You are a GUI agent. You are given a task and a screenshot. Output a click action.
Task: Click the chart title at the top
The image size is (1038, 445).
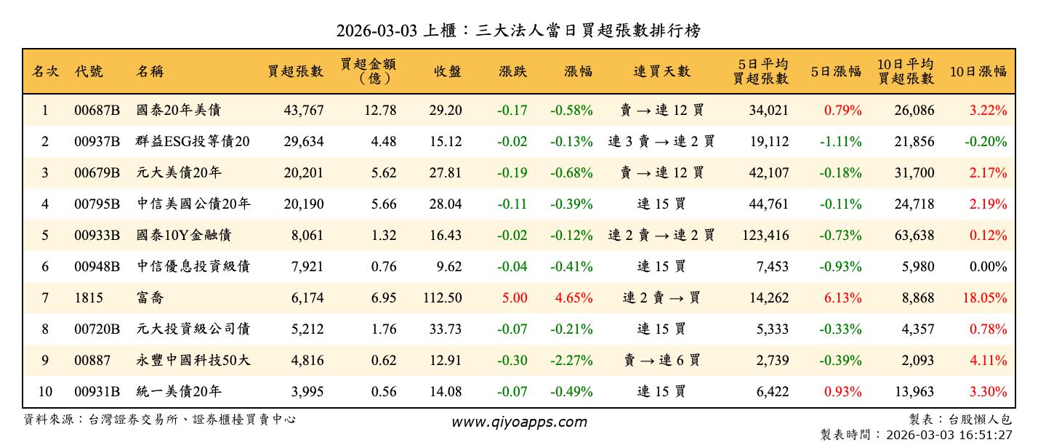518,31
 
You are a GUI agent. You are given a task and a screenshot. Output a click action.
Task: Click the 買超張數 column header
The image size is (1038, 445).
295,71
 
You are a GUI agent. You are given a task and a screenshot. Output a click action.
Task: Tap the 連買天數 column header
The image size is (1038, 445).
661,71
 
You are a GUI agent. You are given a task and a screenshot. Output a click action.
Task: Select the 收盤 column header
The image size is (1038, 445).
448,71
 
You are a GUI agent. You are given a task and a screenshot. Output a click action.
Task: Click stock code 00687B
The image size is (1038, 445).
97,111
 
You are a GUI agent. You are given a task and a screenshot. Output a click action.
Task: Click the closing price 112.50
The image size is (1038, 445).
442,298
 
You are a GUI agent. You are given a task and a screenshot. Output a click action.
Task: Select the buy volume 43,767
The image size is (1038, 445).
304,111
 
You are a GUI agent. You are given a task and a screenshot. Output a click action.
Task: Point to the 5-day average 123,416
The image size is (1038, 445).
764,236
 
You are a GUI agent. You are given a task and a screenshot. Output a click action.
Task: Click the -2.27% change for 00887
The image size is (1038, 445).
571,361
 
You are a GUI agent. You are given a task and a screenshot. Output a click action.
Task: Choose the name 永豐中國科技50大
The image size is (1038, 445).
193,361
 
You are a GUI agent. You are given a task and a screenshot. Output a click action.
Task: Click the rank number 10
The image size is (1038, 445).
45,392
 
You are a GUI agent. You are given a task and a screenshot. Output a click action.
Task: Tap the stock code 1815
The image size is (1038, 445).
89,298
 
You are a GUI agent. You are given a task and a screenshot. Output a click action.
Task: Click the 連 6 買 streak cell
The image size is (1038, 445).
661,361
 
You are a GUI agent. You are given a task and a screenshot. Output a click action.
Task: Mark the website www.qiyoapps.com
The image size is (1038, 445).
518,422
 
